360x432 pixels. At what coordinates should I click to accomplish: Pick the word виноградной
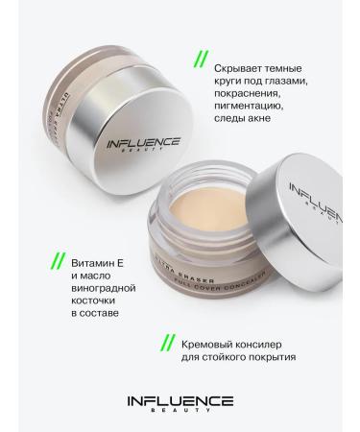click(x=105, y=293)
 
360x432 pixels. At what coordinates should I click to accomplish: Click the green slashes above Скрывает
click(x=200, y=60)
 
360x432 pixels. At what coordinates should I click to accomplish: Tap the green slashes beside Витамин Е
click(x=58, y=261)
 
